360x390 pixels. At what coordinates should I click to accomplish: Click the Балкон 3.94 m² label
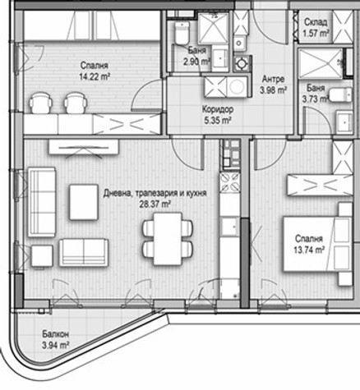pos(55,340)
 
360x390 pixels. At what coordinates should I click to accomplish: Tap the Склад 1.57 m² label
pos(316,28)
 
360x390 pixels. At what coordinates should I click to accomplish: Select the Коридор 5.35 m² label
pos(218,115)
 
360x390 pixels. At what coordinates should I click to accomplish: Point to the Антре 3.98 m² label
pos(273,85)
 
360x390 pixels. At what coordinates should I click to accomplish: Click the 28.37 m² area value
pos(155,204)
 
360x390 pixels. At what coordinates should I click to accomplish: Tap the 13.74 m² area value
pos(309,250)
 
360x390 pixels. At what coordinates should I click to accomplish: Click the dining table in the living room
pos(168,239)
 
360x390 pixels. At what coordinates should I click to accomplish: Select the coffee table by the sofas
pos(84,202)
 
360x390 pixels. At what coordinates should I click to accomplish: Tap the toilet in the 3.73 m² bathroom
pos(340,94)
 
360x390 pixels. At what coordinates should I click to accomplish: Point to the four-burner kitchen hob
pos(230,181)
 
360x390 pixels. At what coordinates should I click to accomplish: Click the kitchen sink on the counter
pos(229,226)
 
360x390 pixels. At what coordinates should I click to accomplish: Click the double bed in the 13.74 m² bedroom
pos(317,244)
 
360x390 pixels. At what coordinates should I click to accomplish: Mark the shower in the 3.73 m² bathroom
pos(321,63)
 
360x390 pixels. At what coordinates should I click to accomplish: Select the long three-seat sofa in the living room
pos(42,202)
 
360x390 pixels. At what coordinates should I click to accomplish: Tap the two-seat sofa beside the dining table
pos(84,252)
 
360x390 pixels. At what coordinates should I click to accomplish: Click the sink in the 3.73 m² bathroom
pos(344,122)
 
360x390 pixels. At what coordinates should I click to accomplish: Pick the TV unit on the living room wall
pos(84,147)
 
